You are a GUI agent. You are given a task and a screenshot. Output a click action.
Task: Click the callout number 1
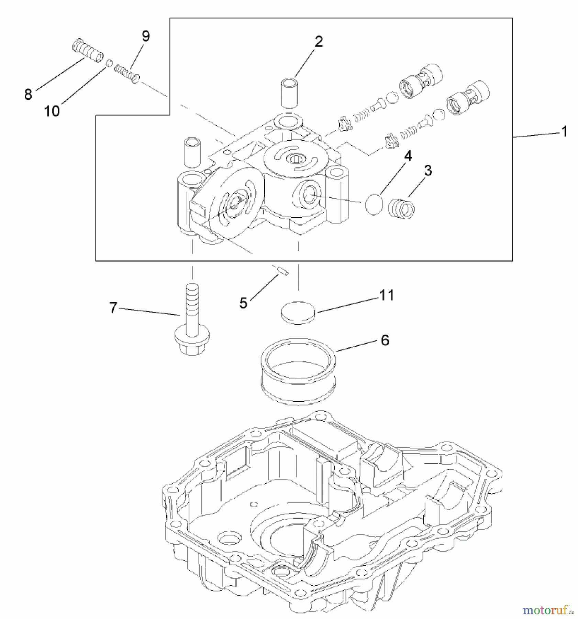pos(564,131)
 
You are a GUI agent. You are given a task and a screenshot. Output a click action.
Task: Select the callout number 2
pos(319,42)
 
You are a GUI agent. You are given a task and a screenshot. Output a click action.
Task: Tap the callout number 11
pos(386,295)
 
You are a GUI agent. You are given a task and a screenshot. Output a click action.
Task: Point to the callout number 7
pos(113,307)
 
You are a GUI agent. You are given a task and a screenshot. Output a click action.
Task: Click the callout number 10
pos(52,111)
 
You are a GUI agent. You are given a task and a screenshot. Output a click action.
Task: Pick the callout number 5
pos(243,303)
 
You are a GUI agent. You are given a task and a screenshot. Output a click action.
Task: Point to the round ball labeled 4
pos(374,204)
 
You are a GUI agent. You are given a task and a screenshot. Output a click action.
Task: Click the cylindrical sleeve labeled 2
pos(289,93)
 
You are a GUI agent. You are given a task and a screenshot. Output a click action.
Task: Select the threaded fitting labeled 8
pos(88,51)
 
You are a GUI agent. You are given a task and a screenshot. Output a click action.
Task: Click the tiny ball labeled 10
pos(109,63)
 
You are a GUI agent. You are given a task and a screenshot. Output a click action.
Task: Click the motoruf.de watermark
pos(548,610)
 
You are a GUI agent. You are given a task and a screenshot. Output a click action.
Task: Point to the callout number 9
pos(146,36)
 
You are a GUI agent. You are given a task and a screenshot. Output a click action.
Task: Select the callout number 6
pos(385,340)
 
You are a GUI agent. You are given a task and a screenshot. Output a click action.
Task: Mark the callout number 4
pos(408,156)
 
